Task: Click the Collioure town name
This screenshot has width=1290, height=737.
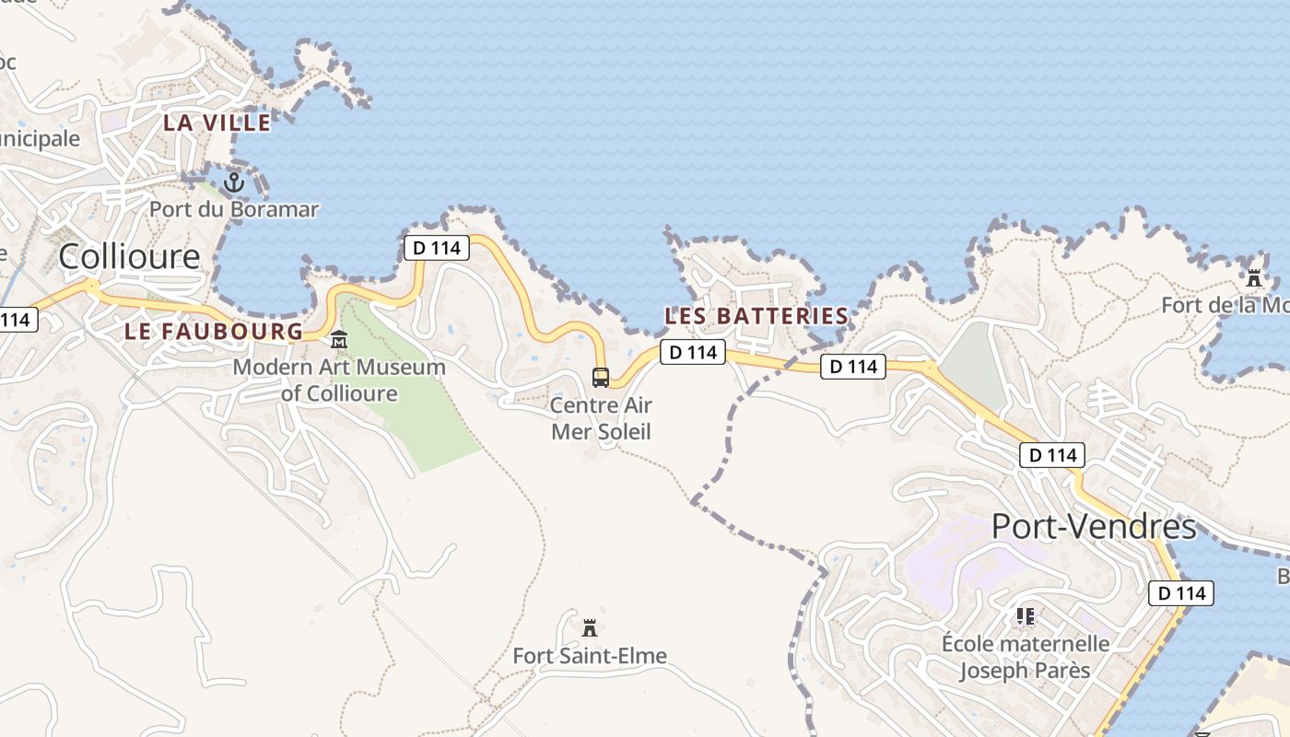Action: pos(129,256)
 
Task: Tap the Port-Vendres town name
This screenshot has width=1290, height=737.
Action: pos(1094,527)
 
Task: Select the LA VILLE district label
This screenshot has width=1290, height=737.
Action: pos(217,123)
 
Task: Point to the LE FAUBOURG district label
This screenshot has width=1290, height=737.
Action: pos(214,332)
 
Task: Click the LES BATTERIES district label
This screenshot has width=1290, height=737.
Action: pos(756,316)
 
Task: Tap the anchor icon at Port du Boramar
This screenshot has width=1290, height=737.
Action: pos(234,181)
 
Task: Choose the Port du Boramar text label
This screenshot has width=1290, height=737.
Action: pos(234,209)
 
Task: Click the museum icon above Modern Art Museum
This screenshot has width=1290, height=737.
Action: pos(339,340)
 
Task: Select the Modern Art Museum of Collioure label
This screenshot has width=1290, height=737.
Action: pos(339,380)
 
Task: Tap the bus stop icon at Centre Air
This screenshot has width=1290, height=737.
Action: pos(601,377)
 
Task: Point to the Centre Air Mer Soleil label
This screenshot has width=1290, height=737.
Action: pos(601,418)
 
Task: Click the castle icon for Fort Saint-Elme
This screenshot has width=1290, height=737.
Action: pos(590,628)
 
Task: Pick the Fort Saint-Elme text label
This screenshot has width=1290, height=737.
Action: pos(590,656)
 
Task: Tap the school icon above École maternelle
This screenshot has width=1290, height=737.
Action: pos(1026,615)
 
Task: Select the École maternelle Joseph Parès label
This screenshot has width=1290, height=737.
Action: pos(1026,656)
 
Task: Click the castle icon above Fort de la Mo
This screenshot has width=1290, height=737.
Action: pos(1253,277)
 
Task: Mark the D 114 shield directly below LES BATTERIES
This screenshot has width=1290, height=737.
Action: pos(693,352)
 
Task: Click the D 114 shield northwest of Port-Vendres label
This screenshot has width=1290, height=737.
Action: pos(1052,455)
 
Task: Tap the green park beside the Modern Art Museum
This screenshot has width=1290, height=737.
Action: pos(424,415)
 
